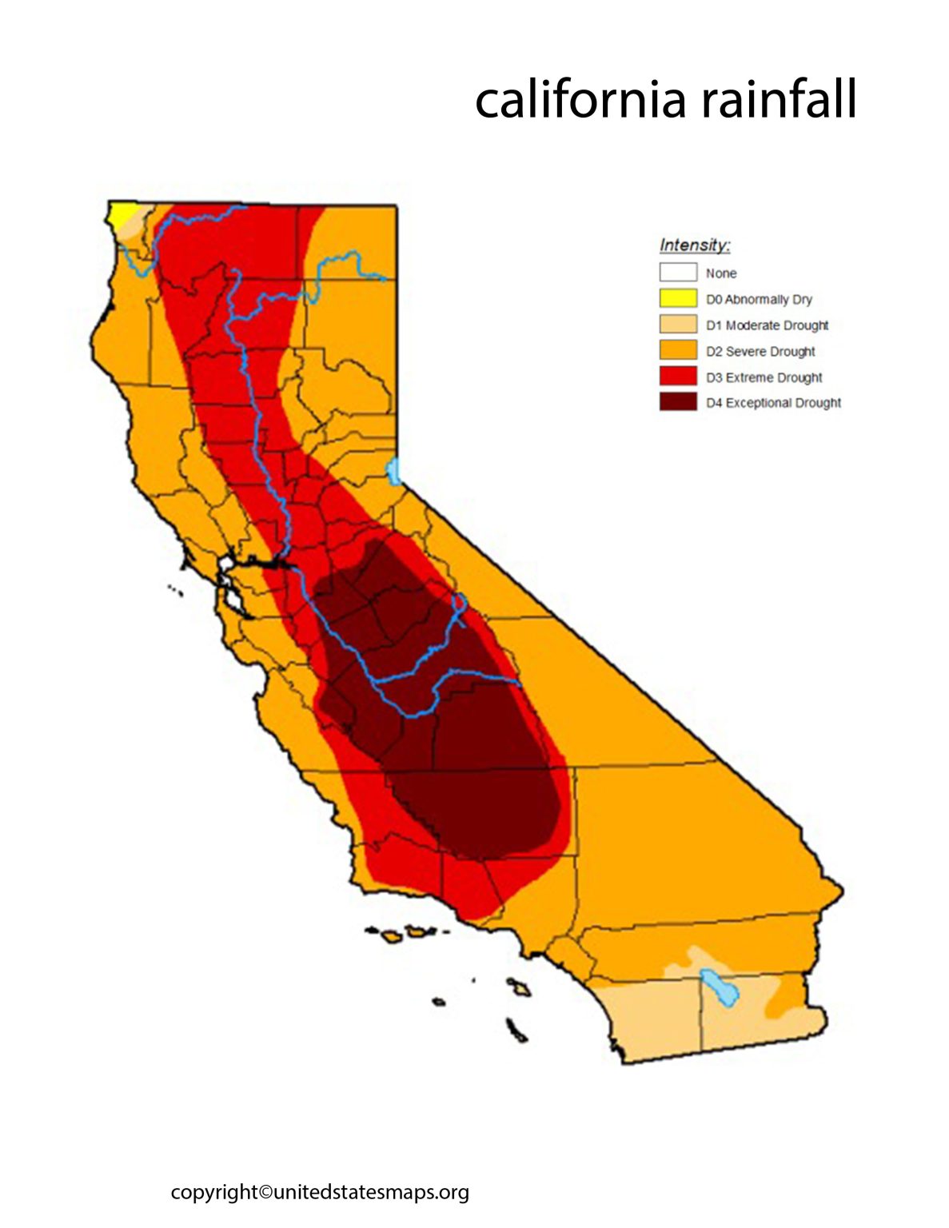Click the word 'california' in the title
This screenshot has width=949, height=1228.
581,99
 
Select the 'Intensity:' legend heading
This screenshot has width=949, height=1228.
695,245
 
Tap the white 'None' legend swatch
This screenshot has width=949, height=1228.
678,273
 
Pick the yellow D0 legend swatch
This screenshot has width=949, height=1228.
678,299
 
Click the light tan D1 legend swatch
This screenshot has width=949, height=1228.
678,325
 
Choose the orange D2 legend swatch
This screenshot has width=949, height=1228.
678,351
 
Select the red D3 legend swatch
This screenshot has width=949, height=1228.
678,377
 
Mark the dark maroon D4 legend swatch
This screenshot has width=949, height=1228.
678,402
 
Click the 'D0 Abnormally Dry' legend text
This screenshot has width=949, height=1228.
759,299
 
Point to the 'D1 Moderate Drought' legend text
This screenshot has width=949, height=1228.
767,325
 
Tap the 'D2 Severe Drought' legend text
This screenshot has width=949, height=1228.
760,351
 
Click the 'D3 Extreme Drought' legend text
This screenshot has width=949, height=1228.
764,377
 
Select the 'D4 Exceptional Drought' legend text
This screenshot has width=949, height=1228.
773,403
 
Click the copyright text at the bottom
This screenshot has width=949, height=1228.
320,1192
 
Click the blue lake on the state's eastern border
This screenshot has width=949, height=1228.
393,471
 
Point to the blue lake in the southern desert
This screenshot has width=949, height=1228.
718,987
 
